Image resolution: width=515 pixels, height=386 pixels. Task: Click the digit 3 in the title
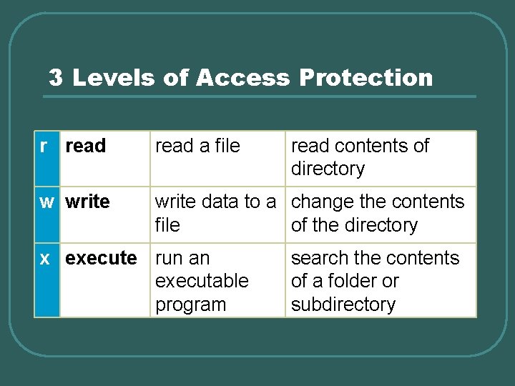tap(56, 78)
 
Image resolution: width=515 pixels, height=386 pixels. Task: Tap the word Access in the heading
tap(242, 78)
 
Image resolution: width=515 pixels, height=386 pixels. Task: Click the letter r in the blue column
tap(44, 146)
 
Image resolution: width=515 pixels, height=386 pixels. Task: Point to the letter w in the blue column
tap(46, 202)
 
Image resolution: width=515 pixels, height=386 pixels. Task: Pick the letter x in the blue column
tap(45, 258)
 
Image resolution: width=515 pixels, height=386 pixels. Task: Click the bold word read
tap(85, 146)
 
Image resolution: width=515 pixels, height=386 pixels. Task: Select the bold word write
tap(87, 202)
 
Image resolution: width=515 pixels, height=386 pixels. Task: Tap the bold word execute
tap(101, 258)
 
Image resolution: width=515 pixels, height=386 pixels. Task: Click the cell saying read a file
tap(197, 146)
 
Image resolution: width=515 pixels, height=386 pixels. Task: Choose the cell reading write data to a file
tap(215, 213)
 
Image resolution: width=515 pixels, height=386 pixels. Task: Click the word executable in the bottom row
tap(202, 281)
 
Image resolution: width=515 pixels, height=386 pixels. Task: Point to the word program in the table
tap(190, 305)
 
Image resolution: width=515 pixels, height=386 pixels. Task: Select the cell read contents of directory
tap(359, 157)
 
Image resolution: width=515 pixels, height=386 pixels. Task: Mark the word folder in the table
tap(351, 281)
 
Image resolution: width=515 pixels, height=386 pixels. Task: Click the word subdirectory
tap(343, 305)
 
